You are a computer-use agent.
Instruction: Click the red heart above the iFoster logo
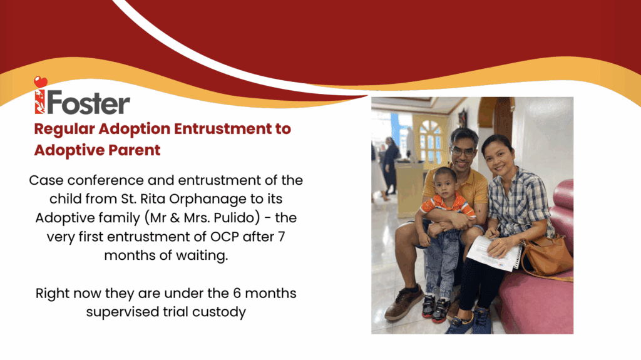pos(41,82)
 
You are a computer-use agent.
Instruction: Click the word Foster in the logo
pos(89,103)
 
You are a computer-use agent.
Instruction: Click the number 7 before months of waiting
pos(281,237)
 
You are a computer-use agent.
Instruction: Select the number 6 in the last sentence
pos(237,293)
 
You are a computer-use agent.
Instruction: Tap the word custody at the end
pos(219,312)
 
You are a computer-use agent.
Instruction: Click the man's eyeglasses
pos(463,152)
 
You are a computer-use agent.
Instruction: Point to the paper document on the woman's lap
pos(494,253)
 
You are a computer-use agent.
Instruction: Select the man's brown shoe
pos(403,303)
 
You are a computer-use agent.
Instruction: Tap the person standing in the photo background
pos(390,166)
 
